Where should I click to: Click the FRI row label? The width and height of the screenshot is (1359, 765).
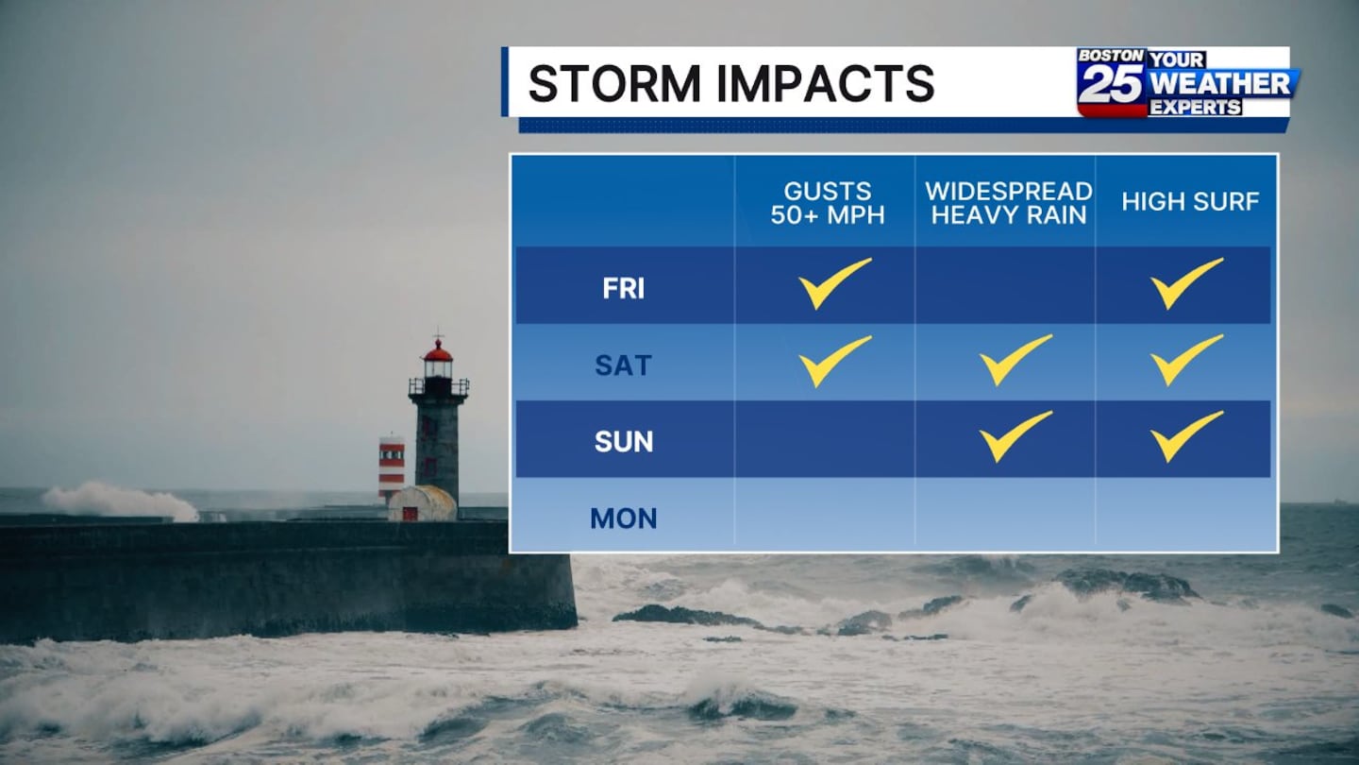pyautogui.click(x=623, y=288)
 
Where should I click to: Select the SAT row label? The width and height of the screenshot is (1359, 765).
pyautogui.click(x=623, y=365)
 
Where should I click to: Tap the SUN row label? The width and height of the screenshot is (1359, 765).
pyautogui.click(x=624, y=442)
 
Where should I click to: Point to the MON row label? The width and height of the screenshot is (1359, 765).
pyautogui.click(x=624, y=518)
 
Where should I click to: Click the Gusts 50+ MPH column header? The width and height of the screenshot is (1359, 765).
pyautogui.click(x=828, y=203)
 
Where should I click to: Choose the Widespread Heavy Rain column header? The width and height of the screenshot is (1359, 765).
pyautogui.click(x=1008, y=203)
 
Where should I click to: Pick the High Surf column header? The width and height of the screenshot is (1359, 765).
pyautogui.click(x=1190, y=201)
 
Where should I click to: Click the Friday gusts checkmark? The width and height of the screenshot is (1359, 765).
pyautogui.click(x=835, y=283)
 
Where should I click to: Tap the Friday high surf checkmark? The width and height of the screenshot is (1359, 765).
pyautogui.click(x=1186, y=283)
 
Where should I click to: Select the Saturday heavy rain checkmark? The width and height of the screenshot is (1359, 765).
pyautogui.click(x=1015, y=360)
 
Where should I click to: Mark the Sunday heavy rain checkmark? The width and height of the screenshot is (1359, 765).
pyautogui.click(x=1015, y=436)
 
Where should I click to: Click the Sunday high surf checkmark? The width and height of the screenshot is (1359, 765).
pyautogui.click(x=1186, y=436)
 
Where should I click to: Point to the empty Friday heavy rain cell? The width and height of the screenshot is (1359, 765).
pyautogui.click(x=1006, y=285)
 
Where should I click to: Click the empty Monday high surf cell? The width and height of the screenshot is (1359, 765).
pyautogui.click(x=1186, y=515)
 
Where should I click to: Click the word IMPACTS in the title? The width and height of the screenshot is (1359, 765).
pyautogui.click(x=825, y=83)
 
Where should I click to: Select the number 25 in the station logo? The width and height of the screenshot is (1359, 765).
pyautogui.click(x=1110, y=84)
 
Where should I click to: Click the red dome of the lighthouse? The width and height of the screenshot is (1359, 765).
pyautogui.click(x=438, y=351)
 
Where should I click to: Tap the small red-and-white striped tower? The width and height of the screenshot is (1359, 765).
pyautogui.click(x=392, y=467)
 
